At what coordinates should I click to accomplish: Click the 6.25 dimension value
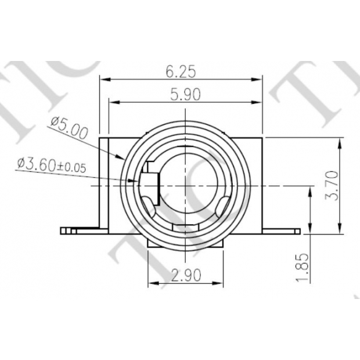181,71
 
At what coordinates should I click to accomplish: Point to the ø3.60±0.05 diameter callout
52,165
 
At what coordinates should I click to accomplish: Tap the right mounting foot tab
282,230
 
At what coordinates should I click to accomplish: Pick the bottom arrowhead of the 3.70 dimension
340,229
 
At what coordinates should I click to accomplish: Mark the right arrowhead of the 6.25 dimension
261,78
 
